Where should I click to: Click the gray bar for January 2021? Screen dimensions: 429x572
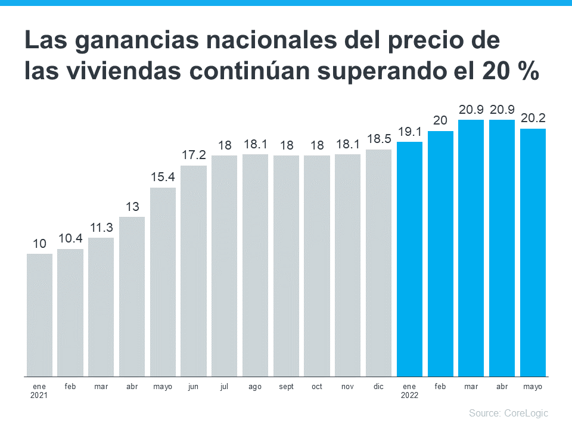tap(39, 315)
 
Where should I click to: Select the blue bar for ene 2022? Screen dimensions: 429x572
tap(409, 259)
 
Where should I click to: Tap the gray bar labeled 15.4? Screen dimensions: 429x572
tap(163, 282)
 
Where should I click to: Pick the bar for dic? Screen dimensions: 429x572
tap(378, 263)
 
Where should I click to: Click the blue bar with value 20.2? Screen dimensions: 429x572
tap(533, 253)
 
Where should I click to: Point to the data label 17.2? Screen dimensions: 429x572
tap(194, 155)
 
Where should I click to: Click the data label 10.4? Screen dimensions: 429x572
tap(70, 238)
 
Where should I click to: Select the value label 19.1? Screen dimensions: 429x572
tap(409, 132)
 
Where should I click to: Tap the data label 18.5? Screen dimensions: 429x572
tap(378, 139)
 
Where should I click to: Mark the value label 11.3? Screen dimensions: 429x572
tap(101, 227)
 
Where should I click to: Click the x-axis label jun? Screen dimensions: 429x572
tap(193, 387)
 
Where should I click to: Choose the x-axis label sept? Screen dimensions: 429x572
tap(286, 387)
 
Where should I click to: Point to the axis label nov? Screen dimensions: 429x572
tap(347, 387)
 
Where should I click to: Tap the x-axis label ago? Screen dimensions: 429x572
tap(255, 387)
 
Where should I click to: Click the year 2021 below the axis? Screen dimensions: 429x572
tap(39, 395)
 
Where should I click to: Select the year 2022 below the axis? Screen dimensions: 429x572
tap(409, 395)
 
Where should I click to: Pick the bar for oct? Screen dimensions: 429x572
tap(316, 266)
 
